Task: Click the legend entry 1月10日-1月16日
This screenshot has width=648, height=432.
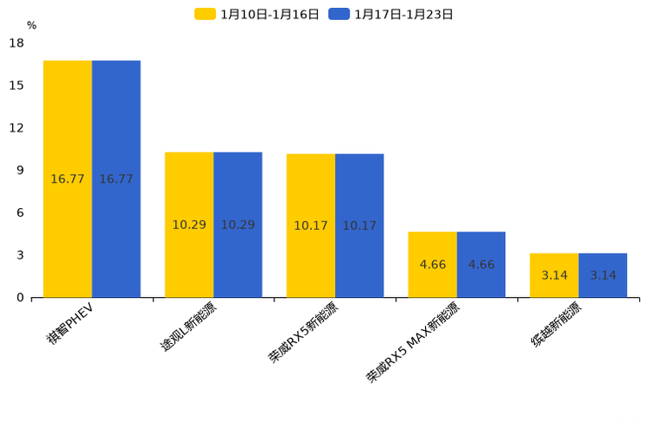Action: [x=258, y=14]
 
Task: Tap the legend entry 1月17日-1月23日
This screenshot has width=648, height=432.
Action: [x=392, y=14]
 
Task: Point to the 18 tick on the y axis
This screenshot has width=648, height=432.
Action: [x=17, y=43]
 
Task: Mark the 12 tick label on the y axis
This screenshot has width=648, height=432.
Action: [x=17, y=128]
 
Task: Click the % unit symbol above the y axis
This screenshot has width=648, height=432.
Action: [x=31, y=26]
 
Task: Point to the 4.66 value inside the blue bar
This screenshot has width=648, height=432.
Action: [x=481, y=265]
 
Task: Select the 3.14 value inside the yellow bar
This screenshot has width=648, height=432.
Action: [x=554, y=275]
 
